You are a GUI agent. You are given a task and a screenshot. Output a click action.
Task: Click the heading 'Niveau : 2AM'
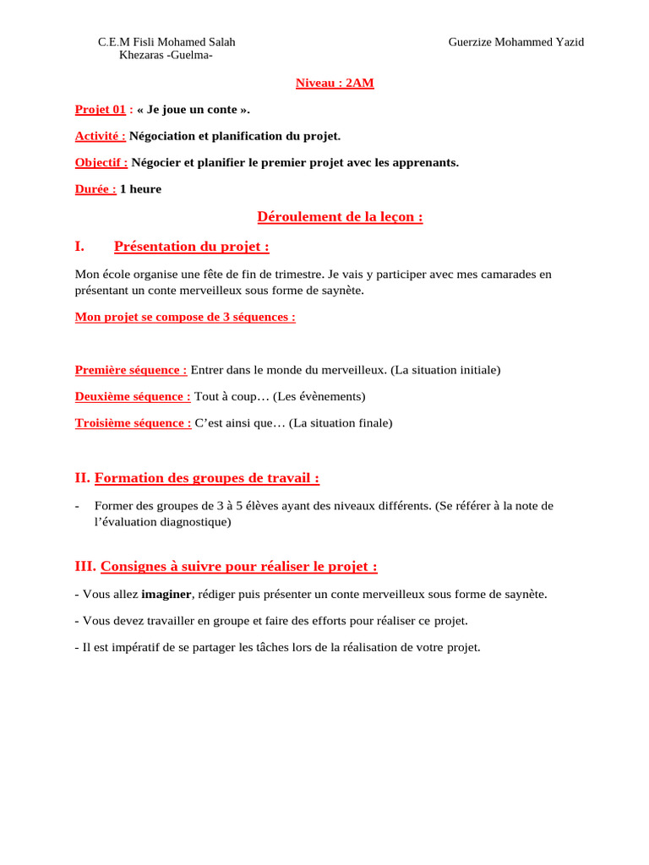click(335, 83)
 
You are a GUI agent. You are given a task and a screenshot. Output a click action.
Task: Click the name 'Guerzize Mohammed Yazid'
click(515, 42)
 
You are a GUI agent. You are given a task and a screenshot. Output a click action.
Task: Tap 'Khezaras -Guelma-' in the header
click(166, 56)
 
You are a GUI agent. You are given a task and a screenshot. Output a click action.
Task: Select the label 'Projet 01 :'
click(104, 109)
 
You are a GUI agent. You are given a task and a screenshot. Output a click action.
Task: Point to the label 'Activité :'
click(101, 136)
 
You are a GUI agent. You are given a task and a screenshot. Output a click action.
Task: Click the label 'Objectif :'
click(101, 162)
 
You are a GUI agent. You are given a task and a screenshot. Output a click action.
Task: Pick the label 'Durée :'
click(95, 189)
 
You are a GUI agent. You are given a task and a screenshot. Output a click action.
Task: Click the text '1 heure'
click(140, 189)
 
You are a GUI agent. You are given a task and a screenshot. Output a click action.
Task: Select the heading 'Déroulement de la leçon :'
click(340, 217)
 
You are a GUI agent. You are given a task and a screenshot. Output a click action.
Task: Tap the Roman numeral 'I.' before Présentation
click(80, 247)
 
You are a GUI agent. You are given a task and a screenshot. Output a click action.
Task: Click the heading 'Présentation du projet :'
click(192, 247)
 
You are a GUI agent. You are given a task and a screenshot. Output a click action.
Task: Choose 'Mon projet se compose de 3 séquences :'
click(185, 317)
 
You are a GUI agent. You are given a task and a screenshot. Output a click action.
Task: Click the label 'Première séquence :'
click(131, 370)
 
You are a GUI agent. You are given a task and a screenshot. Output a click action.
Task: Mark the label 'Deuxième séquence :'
click(133, 396)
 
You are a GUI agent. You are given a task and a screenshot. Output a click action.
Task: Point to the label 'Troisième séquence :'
click(134, 423)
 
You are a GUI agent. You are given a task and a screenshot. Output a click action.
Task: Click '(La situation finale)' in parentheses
click(341, 423)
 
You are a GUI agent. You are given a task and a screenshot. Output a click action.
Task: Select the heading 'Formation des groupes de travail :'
click(207, 478)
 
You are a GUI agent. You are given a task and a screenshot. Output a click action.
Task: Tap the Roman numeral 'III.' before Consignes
click(86, 566)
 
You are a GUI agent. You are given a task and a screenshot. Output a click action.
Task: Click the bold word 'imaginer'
click(166, 594)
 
